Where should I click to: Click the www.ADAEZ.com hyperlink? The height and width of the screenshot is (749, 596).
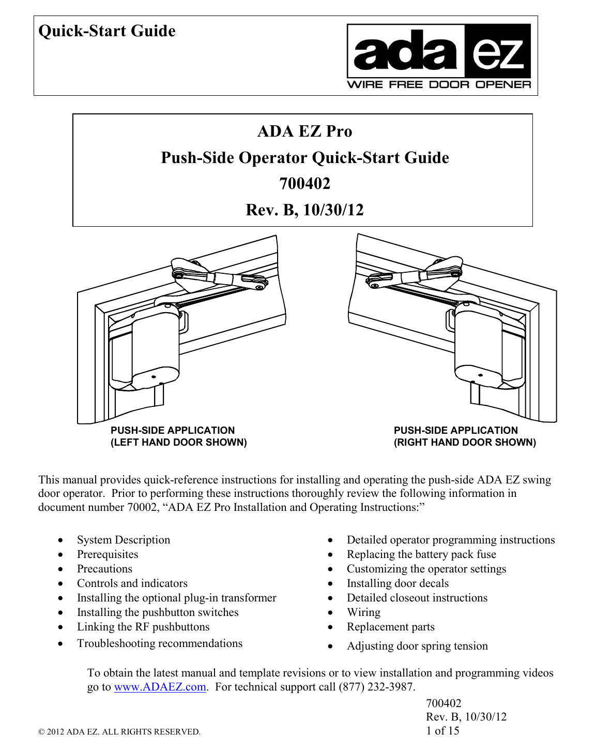coord(160,687)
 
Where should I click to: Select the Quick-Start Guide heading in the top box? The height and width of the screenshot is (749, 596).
coord(107,31)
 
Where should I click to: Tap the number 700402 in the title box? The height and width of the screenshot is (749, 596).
coord(304,184)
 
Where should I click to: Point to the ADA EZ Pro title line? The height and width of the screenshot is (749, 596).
coord(304,131)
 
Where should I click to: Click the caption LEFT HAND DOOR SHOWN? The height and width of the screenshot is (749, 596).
coord(178,443)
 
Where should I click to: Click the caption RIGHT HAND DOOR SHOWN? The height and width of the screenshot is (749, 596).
coord(465,443)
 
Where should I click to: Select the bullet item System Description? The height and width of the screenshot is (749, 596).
coord(124,540)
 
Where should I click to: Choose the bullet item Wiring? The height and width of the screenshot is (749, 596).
coord(363,612)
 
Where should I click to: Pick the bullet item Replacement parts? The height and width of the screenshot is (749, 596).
coord(390,627)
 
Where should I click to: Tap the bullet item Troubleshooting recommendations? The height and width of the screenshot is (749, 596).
coord(160,643)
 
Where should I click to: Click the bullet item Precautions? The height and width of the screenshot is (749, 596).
coord(104,569)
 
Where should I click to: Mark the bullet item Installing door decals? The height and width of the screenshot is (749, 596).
coord(398,583)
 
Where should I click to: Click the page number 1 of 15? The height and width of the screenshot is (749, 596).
coord(442,731)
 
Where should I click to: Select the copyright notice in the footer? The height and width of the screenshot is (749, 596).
coord(119,732)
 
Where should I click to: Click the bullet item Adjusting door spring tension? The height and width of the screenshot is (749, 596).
coord(417,646)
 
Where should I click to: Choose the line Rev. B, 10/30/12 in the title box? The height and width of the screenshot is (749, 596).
coord(304,210)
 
